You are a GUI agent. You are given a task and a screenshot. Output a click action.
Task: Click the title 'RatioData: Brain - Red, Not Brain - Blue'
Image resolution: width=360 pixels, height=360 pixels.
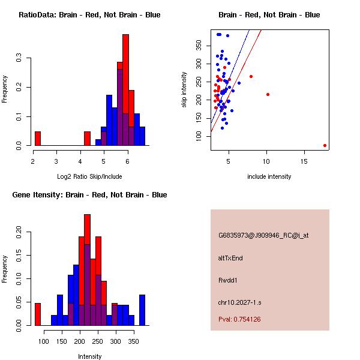89,15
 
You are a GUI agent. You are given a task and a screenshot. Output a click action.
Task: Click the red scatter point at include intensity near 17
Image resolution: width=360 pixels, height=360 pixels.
325,145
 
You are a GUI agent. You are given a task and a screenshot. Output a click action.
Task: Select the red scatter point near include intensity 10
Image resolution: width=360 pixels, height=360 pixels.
268,94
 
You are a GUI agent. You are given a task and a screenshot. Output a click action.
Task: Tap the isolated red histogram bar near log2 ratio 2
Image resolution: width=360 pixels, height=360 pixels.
38,139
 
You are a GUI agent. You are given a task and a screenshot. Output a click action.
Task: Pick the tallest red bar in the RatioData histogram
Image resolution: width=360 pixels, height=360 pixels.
126,90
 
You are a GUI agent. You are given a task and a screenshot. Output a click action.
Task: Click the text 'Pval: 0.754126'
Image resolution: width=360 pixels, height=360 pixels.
248,319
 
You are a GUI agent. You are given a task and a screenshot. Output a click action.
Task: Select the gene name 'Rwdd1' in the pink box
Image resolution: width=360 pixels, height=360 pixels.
228,280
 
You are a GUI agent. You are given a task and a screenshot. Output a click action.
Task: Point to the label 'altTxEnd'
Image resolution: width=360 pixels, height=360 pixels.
230,258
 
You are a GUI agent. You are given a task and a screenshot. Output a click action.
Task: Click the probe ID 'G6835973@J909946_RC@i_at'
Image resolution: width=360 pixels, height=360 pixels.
263,236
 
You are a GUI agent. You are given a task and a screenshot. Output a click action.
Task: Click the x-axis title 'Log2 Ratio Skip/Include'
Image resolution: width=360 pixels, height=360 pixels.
89,176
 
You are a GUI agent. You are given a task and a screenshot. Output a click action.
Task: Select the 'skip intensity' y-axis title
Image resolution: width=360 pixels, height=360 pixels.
184,89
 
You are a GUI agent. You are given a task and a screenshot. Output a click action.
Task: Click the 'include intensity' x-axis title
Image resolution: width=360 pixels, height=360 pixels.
269,176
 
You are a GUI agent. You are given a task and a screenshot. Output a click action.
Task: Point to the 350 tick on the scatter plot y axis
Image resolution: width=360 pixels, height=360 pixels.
201,46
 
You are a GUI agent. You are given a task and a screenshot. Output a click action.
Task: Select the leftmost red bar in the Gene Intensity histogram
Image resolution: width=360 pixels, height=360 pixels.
38,314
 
